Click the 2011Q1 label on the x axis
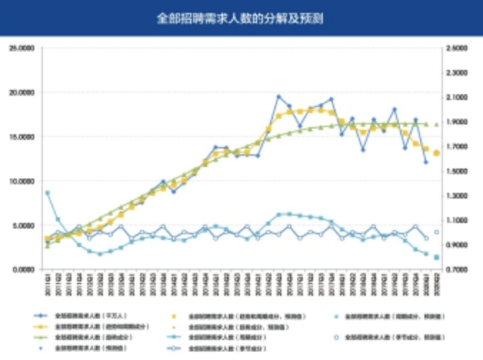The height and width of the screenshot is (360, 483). pos(47,284)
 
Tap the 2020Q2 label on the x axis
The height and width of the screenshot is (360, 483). pos(437,284)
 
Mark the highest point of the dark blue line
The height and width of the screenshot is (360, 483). pos(279,96)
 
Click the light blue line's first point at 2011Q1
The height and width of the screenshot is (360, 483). pos(47,192)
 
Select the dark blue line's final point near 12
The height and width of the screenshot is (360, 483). pos(426,162)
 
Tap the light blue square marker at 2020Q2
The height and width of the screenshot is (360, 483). pos(437,257)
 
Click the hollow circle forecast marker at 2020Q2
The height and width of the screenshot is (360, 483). pos(437,232)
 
